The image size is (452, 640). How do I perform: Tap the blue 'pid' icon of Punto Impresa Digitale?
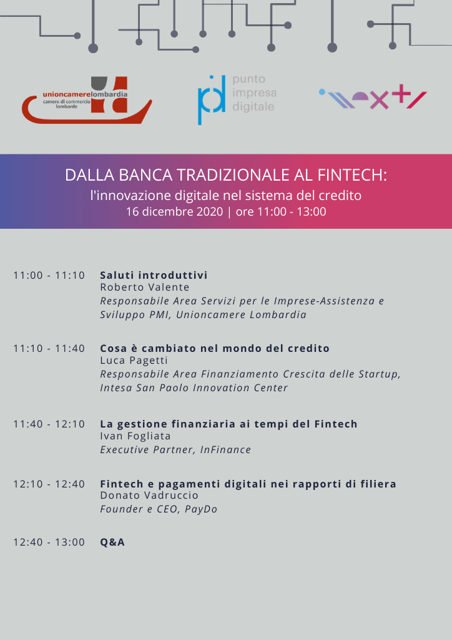coord(212,99)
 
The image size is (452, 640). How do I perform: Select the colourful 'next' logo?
coord(373,98)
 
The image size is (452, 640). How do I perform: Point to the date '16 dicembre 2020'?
coord(174,211)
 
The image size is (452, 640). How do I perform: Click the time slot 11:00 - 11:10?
coord(49,275)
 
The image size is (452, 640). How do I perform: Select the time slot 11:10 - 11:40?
coord(49,348)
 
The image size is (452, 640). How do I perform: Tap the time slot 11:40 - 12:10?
coord(49,424)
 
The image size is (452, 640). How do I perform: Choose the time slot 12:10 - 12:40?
coord(49,484)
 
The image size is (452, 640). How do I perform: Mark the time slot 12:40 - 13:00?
coord(49,542)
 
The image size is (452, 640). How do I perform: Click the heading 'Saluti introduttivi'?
coord(154,275)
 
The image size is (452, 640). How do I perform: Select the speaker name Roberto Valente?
coord(145,287)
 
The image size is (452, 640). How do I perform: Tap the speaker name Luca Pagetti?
coord(134,361)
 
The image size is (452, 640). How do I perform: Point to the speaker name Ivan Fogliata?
coord(135,436)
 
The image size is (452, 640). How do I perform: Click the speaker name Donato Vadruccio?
coord(149,496)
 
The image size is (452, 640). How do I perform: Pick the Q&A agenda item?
coord(112,542)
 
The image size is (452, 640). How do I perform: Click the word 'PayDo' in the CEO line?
coord(201,509)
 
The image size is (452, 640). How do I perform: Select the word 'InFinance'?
coord(225,449)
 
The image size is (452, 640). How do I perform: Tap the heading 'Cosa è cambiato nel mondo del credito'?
coord(215,348)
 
